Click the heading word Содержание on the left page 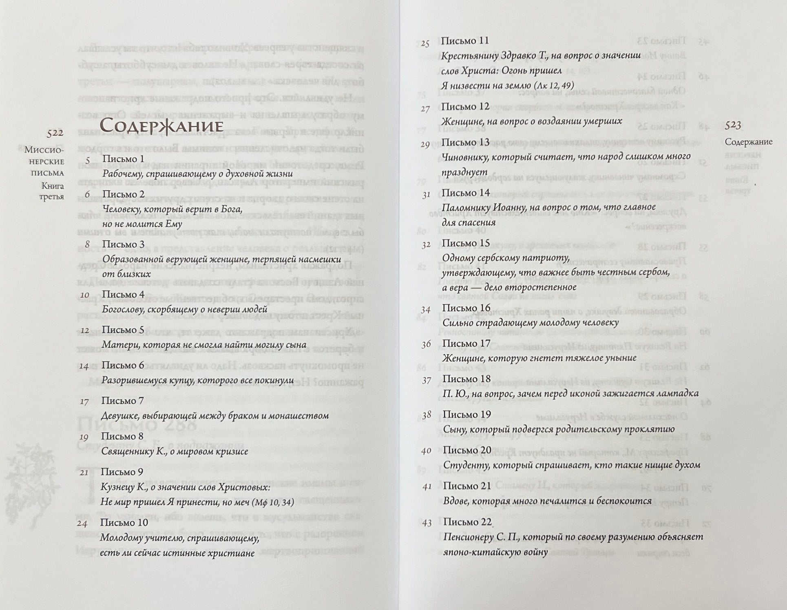[x=161, y=126]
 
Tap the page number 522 [x=55, y=133]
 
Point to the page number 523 [x=733, y=126]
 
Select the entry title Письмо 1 [x=123, y=159]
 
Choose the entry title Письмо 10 [x=124, y=523]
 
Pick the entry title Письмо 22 [x=467, y=522]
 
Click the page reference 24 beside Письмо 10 [x=82, y=523]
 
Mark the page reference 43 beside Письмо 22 [x=427, y=523]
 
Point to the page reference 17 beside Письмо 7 [x=84, y=402]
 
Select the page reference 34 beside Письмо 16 [x=426, y=310]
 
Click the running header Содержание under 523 [x=749, y=142]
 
